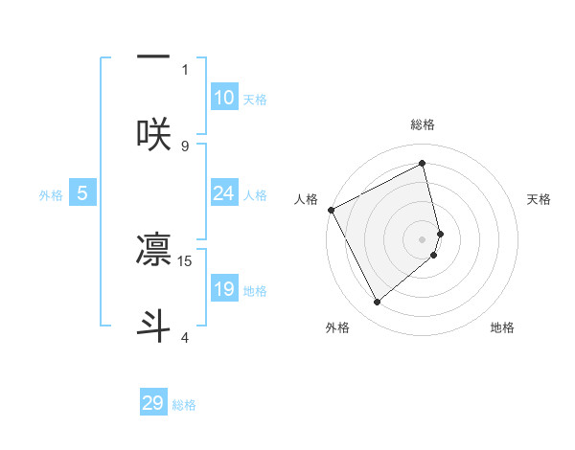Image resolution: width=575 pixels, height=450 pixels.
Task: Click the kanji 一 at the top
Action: (x=153, y=56)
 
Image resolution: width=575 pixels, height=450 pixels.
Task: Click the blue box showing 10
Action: (x=224, y=98)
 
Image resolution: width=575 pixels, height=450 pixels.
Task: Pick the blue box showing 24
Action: (x=224, y=193)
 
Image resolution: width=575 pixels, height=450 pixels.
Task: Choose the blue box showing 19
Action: (x=224, y=289)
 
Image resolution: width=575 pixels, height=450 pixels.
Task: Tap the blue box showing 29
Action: (x=153, y=403)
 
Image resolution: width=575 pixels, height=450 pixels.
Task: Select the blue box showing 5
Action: (x=82, y=193)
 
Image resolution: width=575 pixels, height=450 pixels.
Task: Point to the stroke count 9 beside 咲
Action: (x=185, y=146)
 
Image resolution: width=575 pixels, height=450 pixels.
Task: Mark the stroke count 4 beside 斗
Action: (x=185, y=337)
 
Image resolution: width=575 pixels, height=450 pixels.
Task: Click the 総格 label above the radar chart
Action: (x=423, y=124)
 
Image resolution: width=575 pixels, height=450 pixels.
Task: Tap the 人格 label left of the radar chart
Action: (x=306, y=198)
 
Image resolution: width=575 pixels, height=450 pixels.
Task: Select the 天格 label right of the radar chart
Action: (x=540, y=198)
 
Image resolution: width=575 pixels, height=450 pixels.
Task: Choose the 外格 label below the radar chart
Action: (x=337, y=327)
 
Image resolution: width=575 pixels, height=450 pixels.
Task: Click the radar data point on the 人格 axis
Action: (x=331, y=210)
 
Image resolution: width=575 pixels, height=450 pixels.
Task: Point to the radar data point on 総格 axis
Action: (x=423, y=164)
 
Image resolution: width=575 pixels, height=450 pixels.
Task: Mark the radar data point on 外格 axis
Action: (x=377, y=302)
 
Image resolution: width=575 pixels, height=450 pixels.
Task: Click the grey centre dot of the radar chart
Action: (x=423, y=238)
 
